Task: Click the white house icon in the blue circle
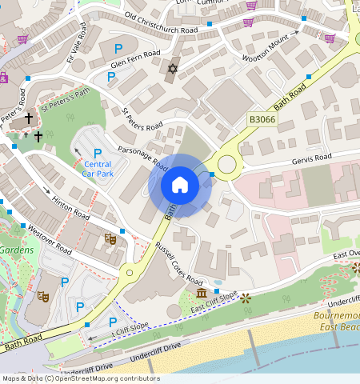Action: click(180, 185)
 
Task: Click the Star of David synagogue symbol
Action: click(170, 69)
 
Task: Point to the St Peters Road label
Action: click(142, 119)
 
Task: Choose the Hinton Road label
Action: click(70, 206)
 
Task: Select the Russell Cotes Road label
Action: click(178, 263)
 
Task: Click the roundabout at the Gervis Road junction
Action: click(226, 165)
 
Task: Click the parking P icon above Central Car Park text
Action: click(98, 154)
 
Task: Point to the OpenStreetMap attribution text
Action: click(80, 378)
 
